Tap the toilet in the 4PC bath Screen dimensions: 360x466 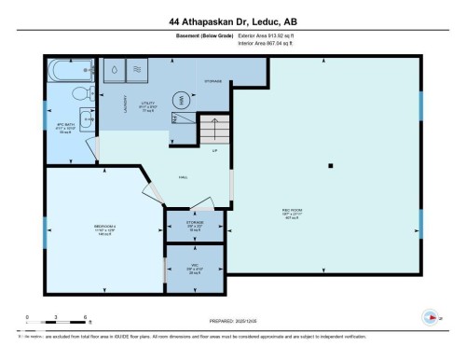(x=80, y=93)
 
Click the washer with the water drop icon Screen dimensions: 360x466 (x=114, y=69)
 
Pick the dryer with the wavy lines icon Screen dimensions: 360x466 (x=136, y=69)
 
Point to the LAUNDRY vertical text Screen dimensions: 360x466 (x=124, y=111)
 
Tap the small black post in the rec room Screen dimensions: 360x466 (x=330, y=166)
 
